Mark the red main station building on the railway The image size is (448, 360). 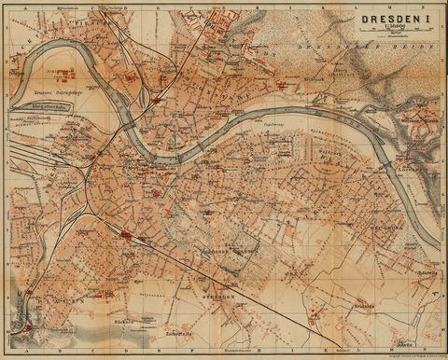[x=125, y=234]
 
